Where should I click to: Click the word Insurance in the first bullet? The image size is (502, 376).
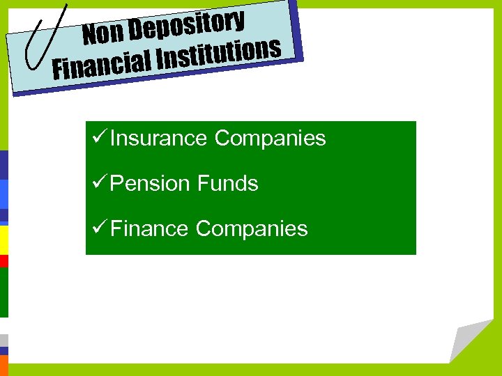[x=158, y=139]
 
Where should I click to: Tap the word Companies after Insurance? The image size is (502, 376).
[x=270, y=139]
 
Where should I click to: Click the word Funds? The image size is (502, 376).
[x=228, y=184]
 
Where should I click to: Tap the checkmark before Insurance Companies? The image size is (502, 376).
[x=98, y=138]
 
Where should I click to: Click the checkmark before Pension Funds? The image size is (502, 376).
[x=98, y=183]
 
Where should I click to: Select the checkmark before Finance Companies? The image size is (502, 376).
[x=98, y=228]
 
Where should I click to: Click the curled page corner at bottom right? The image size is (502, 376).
[x=469, y=341]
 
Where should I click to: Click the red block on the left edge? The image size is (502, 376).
[x=3, y=261]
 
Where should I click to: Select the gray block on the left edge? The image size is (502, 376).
[x=3, y=340]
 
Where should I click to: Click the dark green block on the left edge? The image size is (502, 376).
[x=3, y=292]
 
